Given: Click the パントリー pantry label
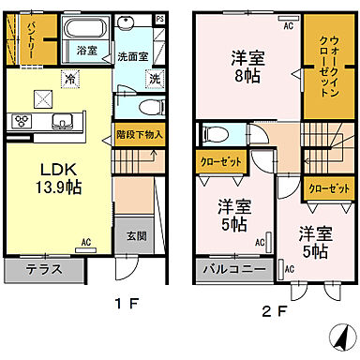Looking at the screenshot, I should point(32,38).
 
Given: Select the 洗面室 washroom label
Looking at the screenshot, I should point(133,57).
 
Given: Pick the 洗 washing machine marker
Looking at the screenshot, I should point(155,79).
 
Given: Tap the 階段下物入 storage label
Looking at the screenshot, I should point(140,134).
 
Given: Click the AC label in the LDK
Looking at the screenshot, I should point(85,242).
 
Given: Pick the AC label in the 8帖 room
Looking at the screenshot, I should point(288,25).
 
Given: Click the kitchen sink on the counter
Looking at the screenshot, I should point(63,119).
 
